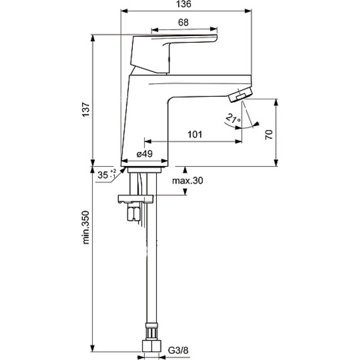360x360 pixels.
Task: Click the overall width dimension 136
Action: [x=184, y=4]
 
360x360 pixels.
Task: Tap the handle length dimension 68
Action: [x=183, y=22]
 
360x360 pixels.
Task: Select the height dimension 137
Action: [x=86, y=109]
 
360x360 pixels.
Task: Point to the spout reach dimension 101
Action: [x=195, y=134]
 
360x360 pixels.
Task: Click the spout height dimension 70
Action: [x=269, y=135]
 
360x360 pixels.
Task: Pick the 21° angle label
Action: [x=233, y=118]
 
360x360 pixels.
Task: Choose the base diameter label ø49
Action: [x=144, y=154]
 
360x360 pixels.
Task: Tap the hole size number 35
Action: [x=103, y=175]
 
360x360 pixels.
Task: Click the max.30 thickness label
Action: [x=188, y=181]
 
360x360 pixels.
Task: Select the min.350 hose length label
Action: [x=86, y=227]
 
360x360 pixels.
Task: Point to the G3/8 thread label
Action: [x=178, y=350]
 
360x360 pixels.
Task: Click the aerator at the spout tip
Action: [x=241, y=94]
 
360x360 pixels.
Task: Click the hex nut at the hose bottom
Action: [x=152, y=346]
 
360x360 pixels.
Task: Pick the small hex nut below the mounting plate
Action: [x=133, y=213]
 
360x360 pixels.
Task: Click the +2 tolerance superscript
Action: [x=113, y=171]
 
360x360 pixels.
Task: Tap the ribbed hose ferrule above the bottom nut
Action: [x=152, y=331]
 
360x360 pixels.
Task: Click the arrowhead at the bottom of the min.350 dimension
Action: [x=93, y=348]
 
